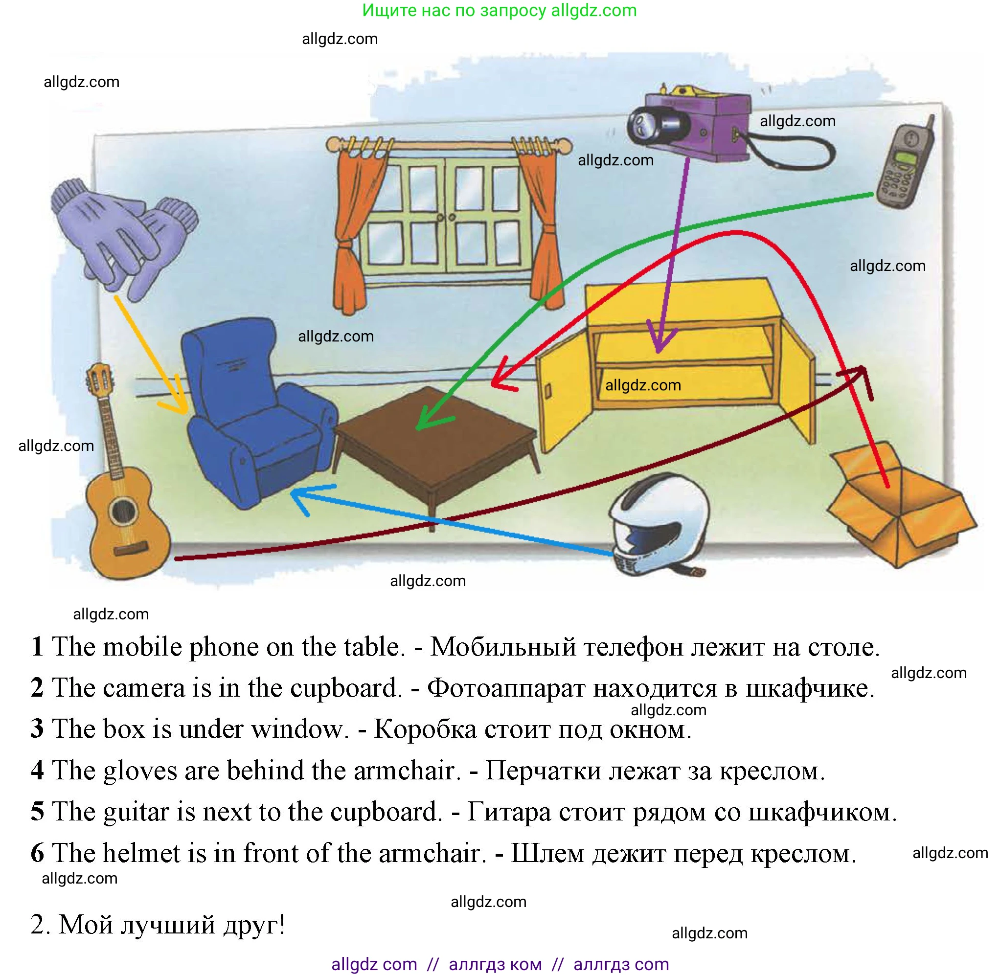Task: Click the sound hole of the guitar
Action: [x=122, y=511]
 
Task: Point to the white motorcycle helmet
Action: [x=660, y=523]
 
